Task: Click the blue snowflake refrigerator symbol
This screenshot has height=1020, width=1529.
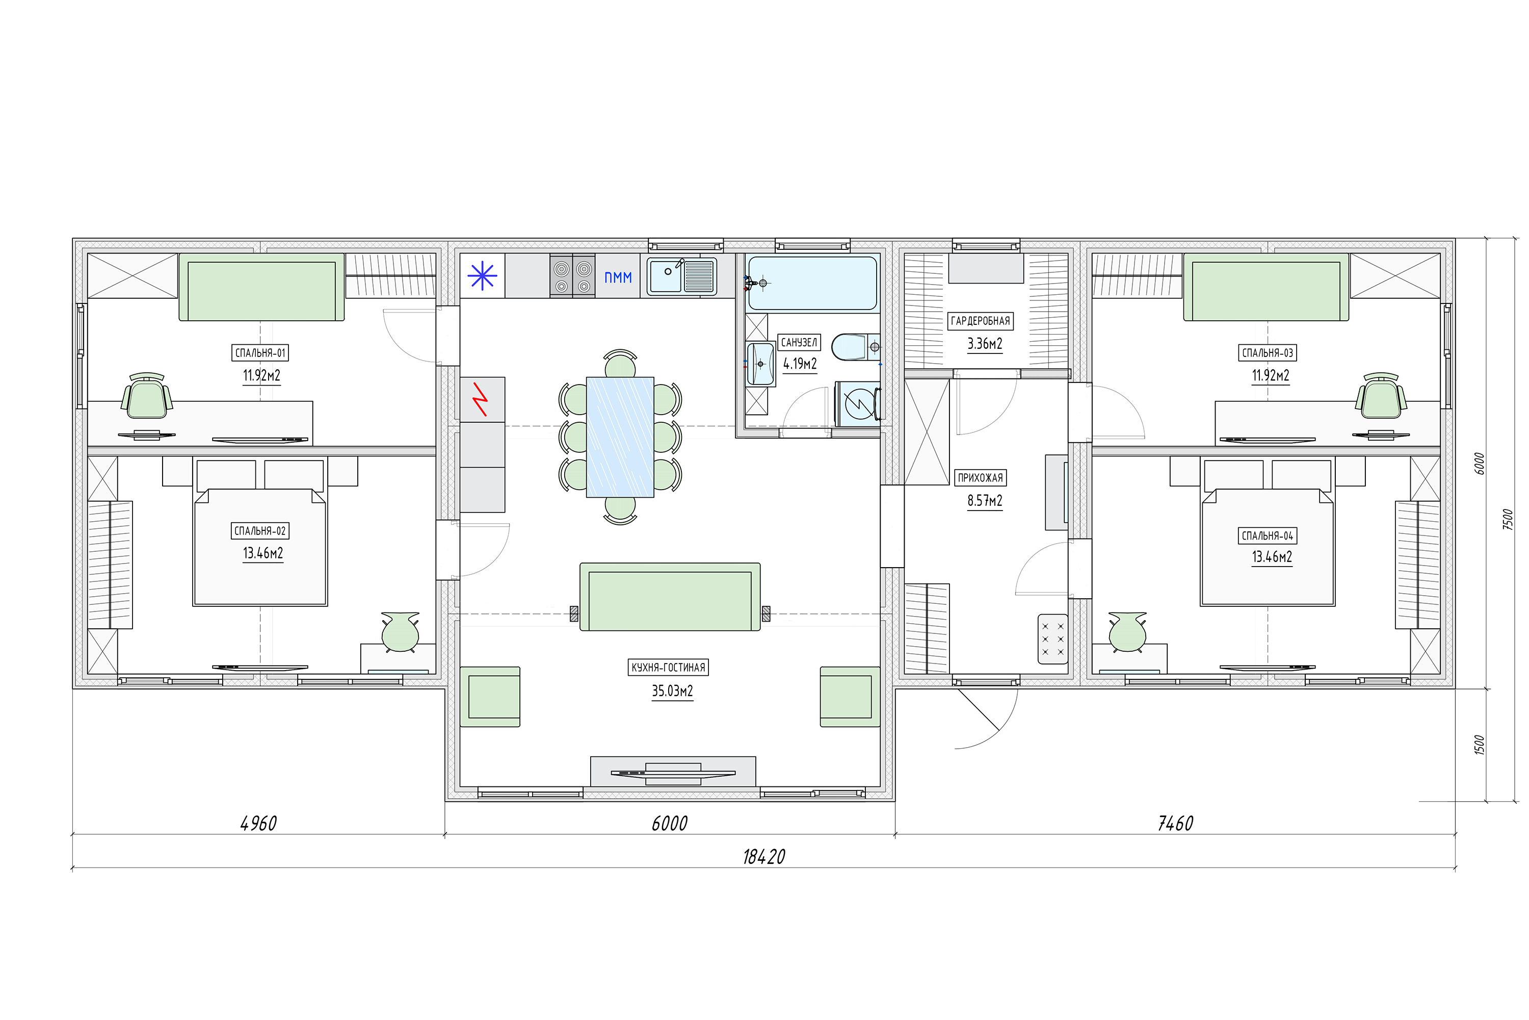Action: point(482,276)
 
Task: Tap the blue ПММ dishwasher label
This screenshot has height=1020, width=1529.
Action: point(618,278)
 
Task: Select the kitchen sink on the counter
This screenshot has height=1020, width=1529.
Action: point(682,276)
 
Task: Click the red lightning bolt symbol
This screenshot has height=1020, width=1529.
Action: point(481,399)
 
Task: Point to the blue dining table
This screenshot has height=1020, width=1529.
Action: point(620,437)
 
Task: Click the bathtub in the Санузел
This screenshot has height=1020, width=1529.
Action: point(812,283)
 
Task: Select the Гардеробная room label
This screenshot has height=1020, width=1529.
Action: point(980,321)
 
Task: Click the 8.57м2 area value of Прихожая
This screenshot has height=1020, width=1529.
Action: point(985,501)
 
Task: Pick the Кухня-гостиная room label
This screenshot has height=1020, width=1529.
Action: point(668,668)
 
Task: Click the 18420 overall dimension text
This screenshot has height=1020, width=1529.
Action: point(764,857)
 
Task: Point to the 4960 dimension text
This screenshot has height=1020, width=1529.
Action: point(259,824)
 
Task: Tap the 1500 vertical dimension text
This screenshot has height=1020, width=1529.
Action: point(1480,745)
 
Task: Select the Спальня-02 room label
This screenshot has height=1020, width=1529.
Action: point(260,531)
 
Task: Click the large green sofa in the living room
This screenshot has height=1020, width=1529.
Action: point(670,597)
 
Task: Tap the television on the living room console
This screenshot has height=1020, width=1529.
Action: point(673,773)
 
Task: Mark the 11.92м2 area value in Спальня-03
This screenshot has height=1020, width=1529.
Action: point(1270,375)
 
